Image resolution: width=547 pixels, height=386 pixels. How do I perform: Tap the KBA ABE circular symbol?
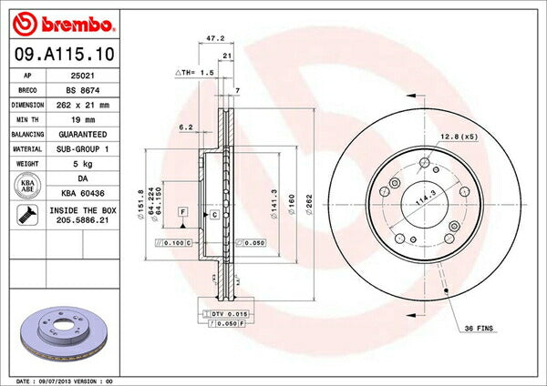[27, 187]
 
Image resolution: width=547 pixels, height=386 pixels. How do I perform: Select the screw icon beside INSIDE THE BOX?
[27, 216]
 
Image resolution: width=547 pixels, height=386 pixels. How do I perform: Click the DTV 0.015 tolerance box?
[221, 313]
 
